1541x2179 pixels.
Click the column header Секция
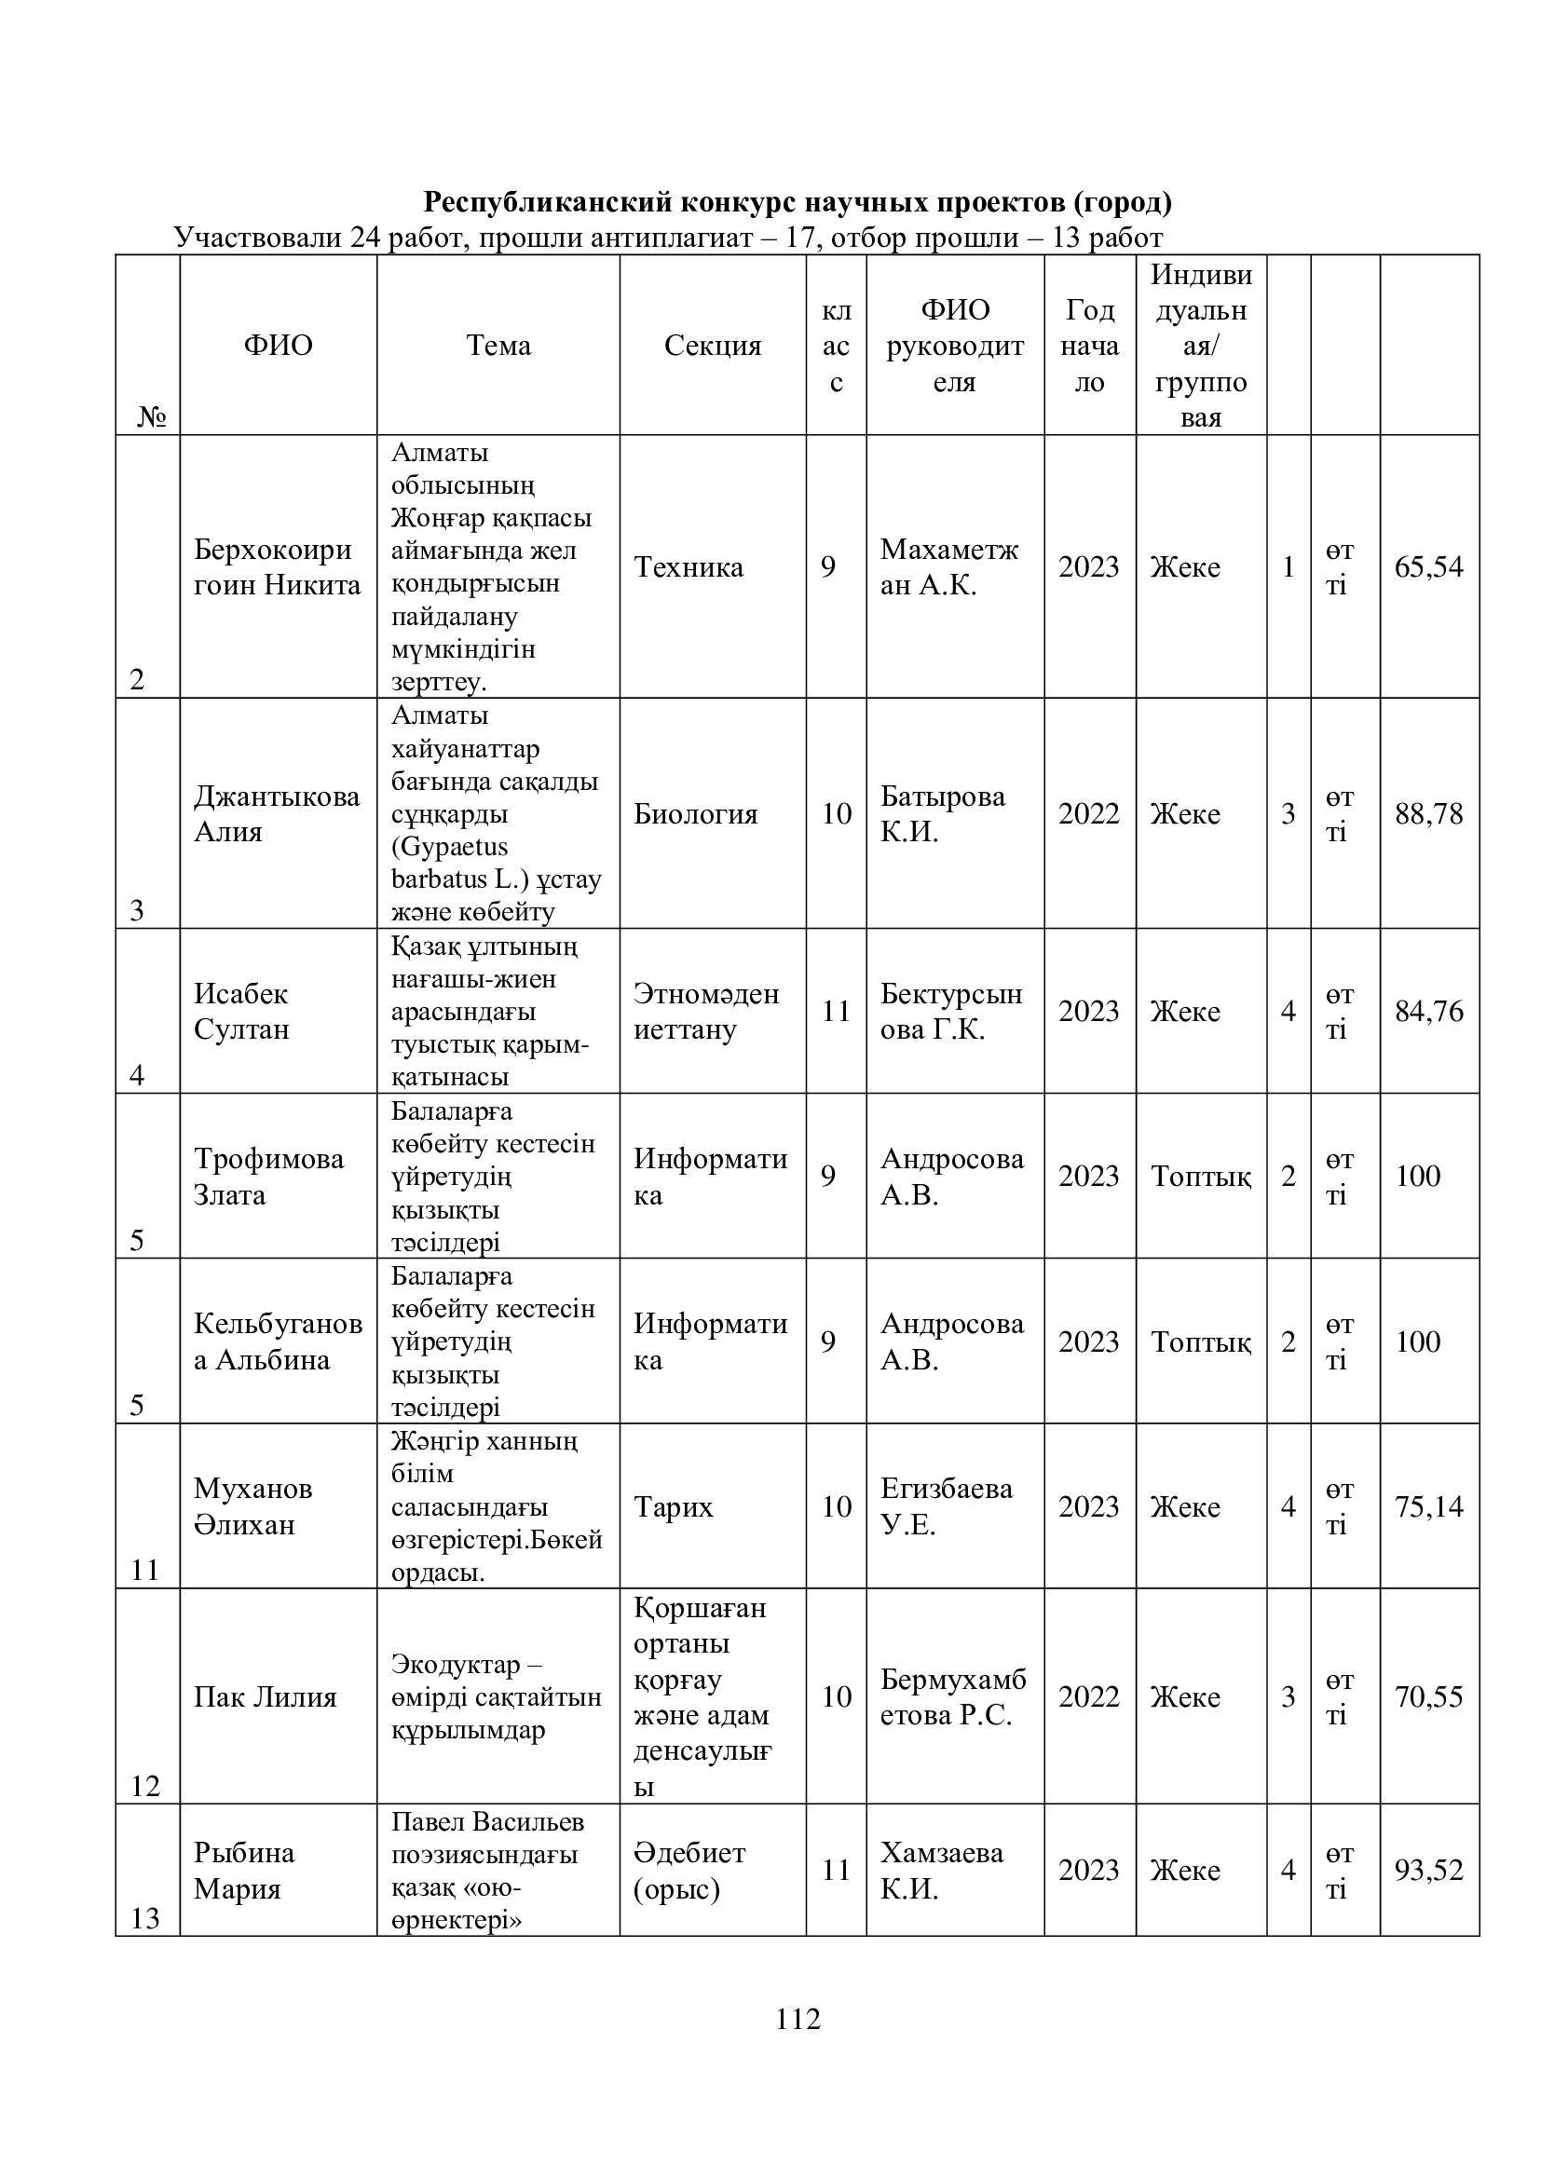pyautogui.click(x=712, y=346)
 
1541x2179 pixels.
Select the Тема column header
pyautogui.click(x=498, y=346)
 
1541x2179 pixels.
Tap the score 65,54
pyautogui.click(x=1428, y=567)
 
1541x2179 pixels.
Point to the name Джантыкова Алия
pyautogui.click(x=276, y=813)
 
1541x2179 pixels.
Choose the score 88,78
pyautogui.click(x=1428, y=813)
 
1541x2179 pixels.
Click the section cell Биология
pyautogui.click(x=696, y=814)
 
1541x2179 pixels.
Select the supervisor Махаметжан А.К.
pyautogui.click(x=948, y=567)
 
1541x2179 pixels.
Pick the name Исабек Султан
pyautogui.click(x=241, y=1011)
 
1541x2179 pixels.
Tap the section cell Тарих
pyautogui.click(x=673, y=1507)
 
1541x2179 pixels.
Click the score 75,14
pyautogui.click(x=1428, y=1507)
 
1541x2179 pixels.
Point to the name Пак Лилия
pyautogui.click(x=265, y=1696)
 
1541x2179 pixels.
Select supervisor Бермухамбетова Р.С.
pyautogui.click(x=953, y=1696)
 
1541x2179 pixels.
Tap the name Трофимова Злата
pyautogui.click(x=268, y=1176)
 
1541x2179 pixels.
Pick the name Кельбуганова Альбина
pyautogui.click(x=277, y=1341)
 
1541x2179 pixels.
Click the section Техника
pyautogui.click(x=688, y=567)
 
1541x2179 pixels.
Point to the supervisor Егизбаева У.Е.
pyautogui.click(x=946, y=1507)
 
